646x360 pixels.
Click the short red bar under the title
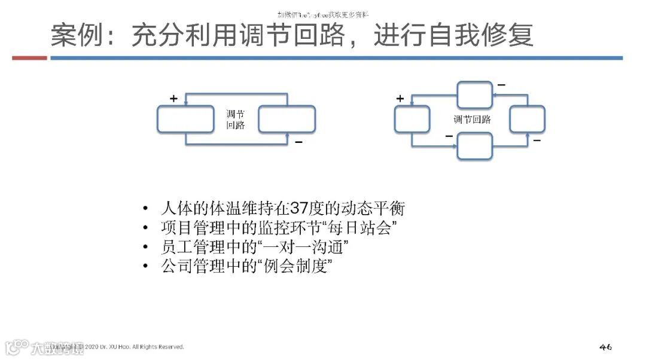(29, 58)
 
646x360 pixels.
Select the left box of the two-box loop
(185, 119)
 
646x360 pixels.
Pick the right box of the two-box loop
(287, 119)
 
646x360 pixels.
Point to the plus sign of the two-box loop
(173, 99)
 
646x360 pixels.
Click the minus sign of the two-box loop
(298, 142)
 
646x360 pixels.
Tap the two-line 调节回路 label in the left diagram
(235, 120)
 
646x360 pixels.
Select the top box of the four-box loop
(474, 94)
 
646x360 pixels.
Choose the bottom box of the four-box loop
(474, 146)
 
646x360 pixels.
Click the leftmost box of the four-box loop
(412, 119)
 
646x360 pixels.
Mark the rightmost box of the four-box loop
(527, 119)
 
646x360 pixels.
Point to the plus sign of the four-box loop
(400, 99)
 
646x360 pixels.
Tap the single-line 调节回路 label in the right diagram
(472, 120)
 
